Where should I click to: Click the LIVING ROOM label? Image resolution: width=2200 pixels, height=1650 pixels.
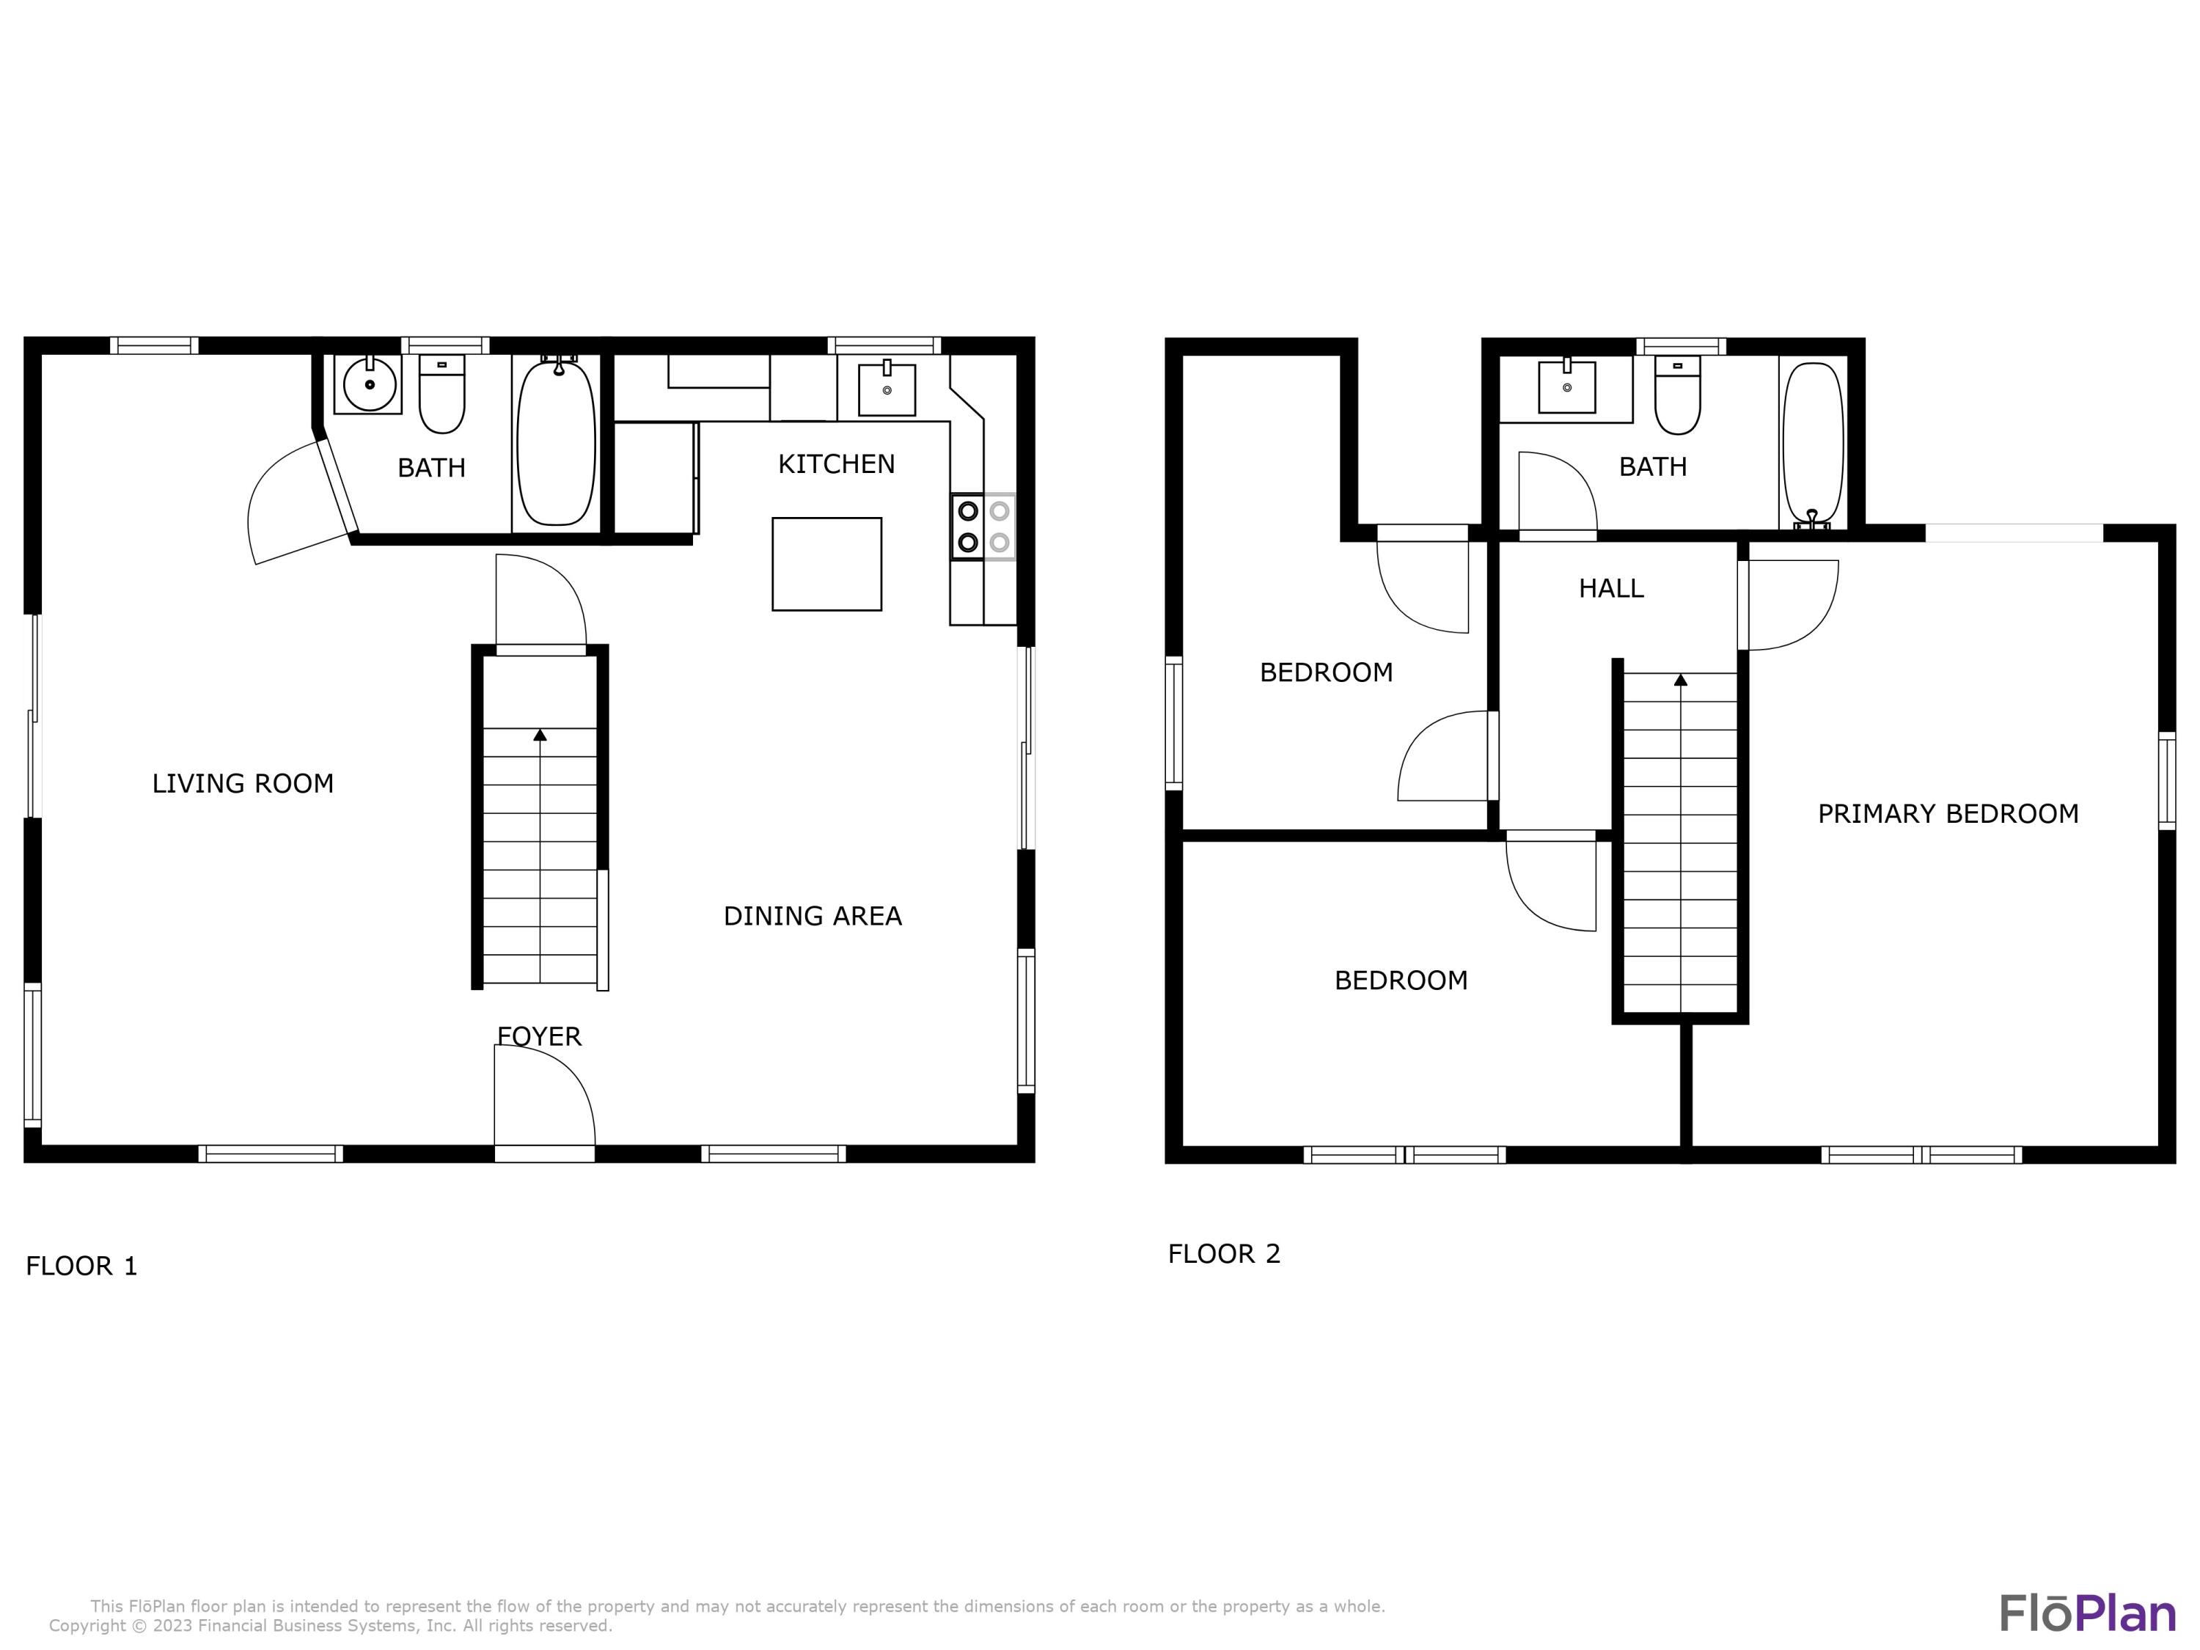pos(243,784)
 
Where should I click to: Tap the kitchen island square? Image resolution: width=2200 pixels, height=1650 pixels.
pos(826,564)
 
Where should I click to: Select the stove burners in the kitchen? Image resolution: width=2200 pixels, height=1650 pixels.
pos(983,526)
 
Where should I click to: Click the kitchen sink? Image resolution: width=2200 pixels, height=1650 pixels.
pos(886,388)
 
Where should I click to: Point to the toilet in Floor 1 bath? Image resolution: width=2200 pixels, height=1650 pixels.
pos(441,395)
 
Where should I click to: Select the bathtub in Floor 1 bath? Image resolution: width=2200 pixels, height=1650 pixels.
pos(556,443)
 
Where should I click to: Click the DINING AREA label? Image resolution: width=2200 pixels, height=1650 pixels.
pos(813,916)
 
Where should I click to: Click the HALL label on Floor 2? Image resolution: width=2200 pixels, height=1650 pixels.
pos(1611,589)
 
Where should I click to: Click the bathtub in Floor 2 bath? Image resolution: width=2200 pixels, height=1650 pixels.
pos(1812,444)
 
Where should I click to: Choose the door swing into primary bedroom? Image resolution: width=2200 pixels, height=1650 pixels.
pos(1789,605)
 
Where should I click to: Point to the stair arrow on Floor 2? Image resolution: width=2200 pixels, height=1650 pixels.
pos(1681,681)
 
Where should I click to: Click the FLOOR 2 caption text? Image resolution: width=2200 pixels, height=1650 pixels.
pos(1223,1254)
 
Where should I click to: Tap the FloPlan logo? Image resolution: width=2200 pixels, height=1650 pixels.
pos(2086,1613)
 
